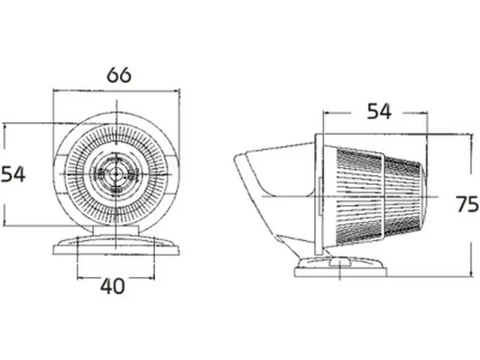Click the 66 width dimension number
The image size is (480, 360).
[x=119, y=75]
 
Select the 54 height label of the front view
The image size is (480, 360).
[x=13, y=175]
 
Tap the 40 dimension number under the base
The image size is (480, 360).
[x=112, y=286]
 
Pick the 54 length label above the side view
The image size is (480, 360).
[x=379, y=112]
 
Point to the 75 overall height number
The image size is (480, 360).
[x=467, y=204]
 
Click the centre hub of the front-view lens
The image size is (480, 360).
[x=116, y=175]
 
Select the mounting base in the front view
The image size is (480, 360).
[x=116, y=245]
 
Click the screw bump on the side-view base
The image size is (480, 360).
[x=339, y=262]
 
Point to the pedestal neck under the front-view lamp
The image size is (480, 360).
[x=116, y=230]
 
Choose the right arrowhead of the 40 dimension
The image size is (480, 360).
[x=151, y=278]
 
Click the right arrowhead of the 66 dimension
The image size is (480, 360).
[x=177, y=91]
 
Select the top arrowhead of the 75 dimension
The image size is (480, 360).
[x=471, y=137]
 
